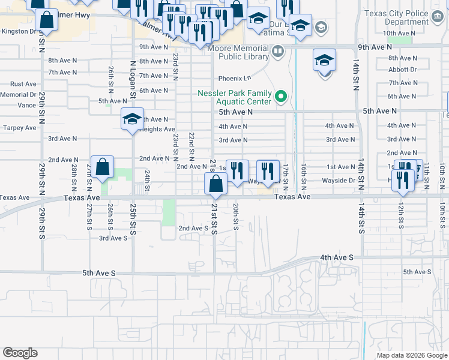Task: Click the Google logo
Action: [20, 353]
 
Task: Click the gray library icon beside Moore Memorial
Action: [277, 52]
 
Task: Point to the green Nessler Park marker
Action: [280, 96]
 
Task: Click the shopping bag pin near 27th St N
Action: [103, 168]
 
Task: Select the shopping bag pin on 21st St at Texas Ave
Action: [215, 184]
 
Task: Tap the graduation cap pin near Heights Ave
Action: [132, 119]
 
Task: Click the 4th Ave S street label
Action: [337, 257]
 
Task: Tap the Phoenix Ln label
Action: [234, 79]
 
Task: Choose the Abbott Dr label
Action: [402, 70]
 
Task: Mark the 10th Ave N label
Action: [397, 33]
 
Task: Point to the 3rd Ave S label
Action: [113, 238]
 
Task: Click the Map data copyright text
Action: [411, 355]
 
